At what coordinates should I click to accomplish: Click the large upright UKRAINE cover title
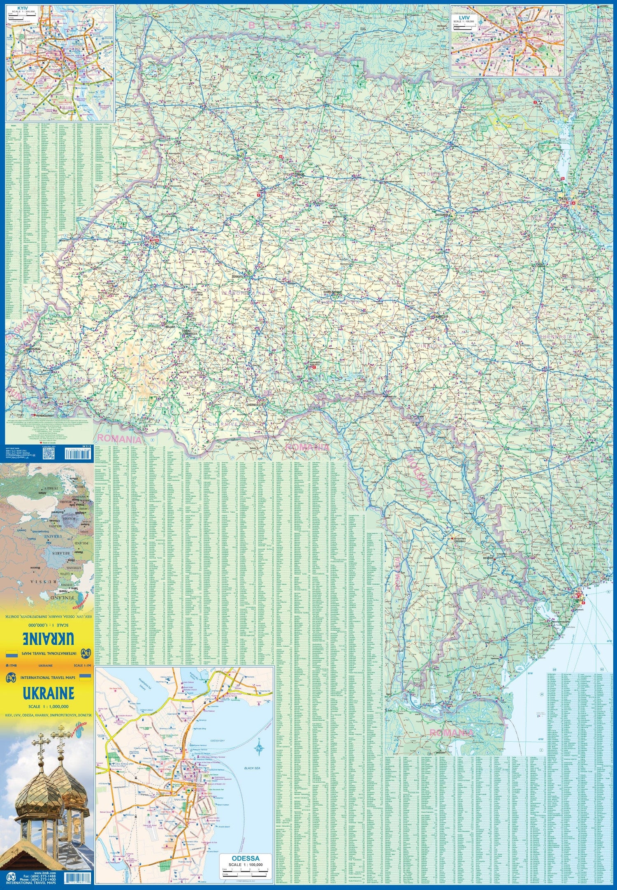(49, 693)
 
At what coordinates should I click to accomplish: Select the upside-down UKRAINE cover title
(49, 639)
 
